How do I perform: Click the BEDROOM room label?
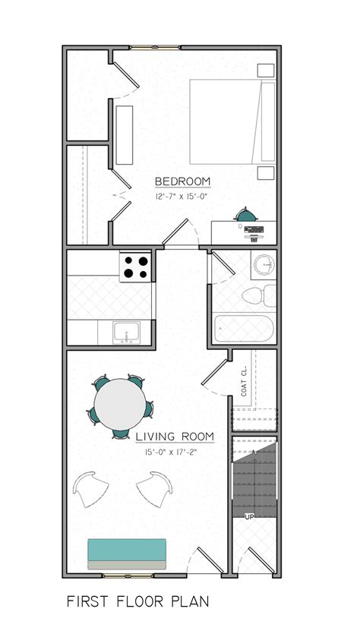[182, 181]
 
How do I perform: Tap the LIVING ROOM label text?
[175, 437]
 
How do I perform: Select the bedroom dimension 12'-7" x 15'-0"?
[182, 196]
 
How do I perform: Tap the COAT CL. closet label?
[245, 380]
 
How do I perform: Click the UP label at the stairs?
[248, 517]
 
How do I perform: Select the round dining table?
[121, 405]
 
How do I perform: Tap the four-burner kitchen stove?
[137, 266]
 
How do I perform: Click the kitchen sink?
[126, 333]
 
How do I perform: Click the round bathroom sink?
[263, 266]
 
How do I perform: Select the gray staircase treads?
[253, 478]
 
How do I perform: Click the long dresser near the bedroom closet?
[124, 136]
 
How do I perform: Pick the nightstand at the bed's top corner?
[265, 71]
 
